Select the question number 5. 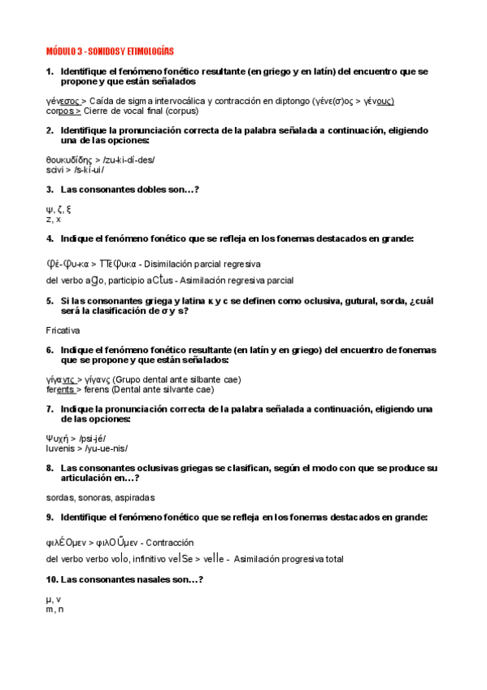(x=50, y=300)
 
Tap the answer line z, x (x=54, y=219)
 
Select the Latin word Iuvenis (x=61, y=448)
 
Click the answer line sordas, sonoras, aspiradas (x=101, y=497)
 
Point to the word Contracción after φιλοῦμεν (x=172, y=542)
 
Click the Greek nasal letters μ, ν (x=54, y=599)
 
